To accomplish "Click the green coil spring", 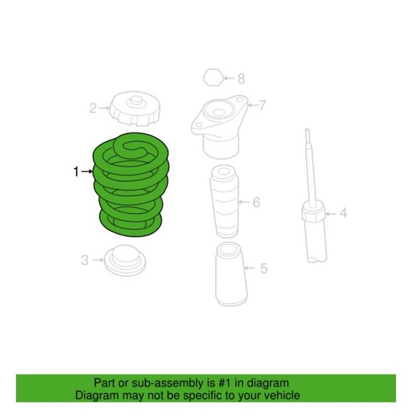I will (129, 185).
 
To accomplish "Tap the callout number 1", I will (76, 172).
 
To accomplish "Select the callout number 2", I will (93, 108).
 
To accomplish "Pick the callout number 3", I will (85, 259).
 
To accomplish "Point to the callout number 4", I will (343, 212).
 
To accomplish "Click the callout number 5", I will (264, 269).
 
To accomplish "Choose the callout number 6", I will (256, 203).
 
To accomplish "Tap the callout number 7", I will (262, 106).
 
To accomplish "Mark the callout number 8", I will (241, 78).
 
